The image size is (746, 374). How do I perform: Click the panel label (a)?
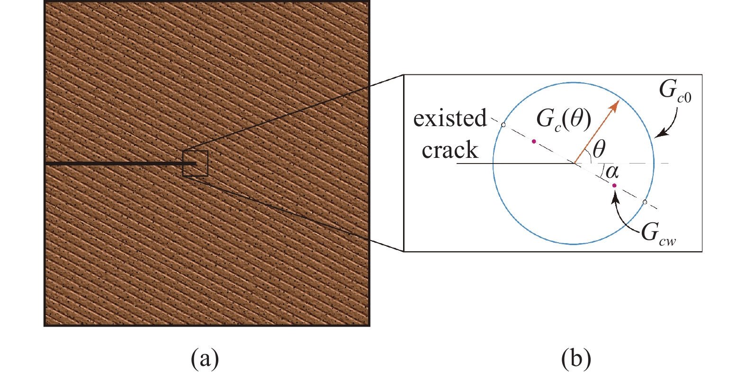pos(205,359)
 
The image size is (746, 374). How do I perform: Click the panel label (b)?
pos(576,359)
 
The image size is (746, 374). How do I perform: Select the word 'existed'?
pos(450,118)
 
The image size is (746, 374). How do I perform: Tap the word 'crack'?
pos(450,150)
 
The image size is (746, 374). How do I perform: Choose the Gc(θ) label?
pos(564,119)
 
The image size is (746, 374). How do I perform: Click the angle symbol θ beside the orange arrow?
pos(599,149)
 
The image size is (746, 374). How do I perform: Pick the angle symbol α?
pos(612,172)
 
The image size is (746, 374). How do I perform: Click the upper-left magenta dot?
pos(534,142)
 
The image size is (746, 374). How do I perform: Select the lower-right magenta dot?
pos(614,185)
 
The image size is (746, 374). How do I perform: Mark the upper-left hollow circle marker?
pos(503,125)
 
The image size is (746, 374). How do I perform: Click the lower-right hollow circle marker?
pos(645,202)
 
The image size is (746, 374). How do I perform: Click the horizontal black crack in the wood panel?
pos(120,164)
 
